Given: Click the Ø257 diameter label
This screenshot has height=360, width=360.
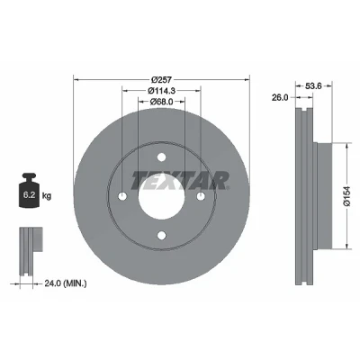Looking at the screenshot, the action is pyautogui.click(x=161, y=79).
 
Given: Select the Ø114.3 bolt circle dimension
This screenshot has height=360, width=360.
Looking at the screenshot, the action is pyautogui.click(x=161, y=90).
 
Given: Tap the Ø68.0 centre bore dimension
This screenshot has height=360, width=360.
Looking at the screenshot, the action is pyautogui.click(x=161, y=102).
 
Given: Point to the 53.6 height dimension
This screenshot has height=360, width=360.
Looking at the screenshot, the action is pyautogui.click(x=313, y=86).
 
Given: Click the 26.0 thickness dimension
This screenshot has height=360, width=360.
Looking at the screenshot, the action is pyautogui.click(x=280, y=97).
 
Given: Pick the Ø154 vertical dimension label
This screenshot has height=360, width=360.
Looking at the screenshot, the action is pyautogui.click(x=347, y=196).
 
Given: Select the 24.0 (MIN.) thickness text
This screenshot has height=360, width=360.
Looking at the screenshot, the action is pyautogui.click(x=66, y=283).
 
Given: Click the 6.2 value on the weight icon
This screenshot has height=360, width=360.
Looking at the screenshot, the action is pyautogui.click(x=30, y=195).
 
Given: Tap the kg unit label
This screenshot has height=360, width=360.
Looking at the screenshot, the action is pyautogui.click(x=47, y=196).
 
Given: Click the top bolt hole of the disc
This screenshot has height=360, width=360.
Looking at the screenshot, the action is pyautogui.click(x=161, y=157).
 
